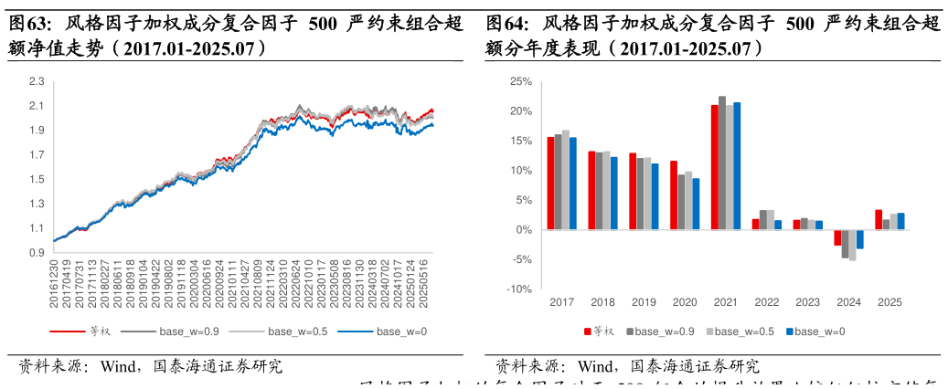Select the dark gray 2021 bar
(722, 163)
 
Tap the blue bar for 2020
(696, 204)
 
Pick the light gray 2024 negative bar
(852, 245)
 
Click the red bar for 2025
(879, 219)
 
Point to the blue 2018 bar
(613, 193)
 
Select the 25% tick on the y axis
(520, 81)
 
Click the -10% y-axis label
(518, 289)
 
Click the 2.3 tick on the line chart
(37, 81)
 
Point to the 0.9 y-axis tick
(37, 253)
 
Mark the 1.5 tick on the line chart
(37, 179)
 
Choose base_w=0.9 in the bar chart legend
(662, 331)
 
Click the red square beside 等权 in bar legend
(588, 331)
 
